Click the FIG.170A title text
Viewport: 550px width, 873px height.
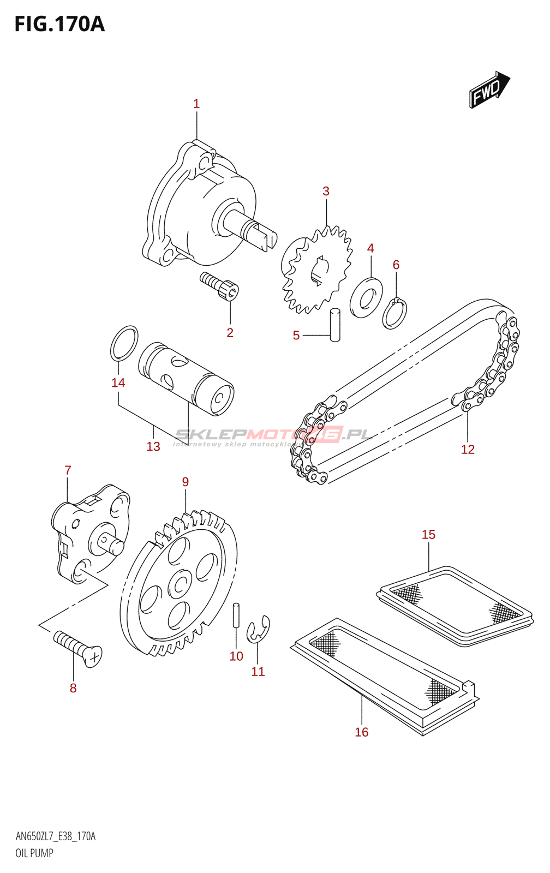click(59, 25)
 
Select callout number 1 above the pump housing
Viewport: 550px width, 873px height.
click(196, 104)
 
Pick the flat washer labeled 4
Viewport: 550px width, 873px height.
click(366, 297)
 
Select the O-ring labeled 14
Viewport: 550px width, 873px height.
click(124, 343)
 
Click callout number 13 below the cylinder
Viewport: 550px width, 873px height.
click(153, 446)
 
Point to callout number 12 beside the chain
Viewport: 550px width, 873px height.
click(468, 449)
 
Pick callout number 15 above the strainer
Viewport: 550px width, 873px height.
click(428, 535)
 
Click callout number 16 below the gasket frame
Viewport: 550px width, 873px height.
click(362, 732)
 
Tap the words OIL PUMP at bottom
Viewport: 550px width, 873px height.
click(34, 853)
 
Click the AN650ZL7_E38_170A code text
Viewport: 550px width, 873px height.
click(56, 836)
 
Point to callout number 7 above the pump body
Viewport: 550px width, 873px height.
click(68, 470)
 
